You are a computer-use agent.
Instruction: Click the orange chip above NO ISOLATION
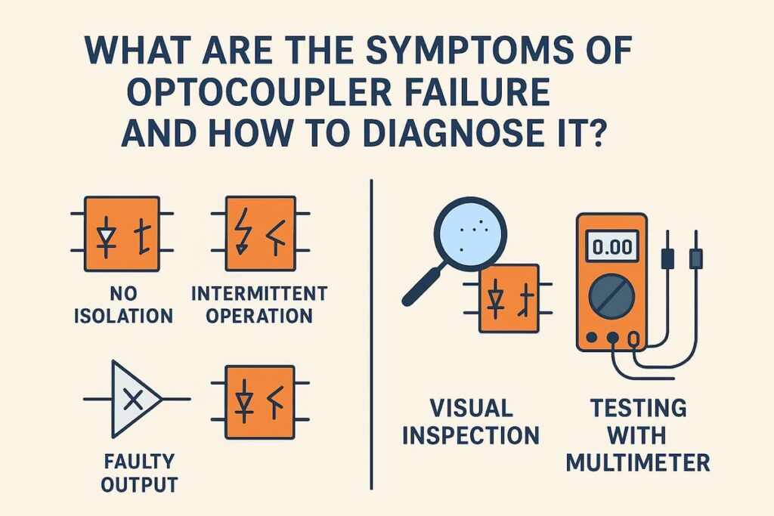coord(122,233)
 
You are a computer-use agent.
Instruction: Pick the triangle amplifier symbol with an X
coord(133,399)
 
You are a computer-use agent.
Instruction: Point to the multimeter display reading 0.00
coord(611,246)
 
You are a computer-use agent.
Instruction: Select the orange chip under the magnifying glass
coord(509,298)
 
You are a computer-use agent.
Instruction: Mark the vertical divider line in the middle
coord(372,332)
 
